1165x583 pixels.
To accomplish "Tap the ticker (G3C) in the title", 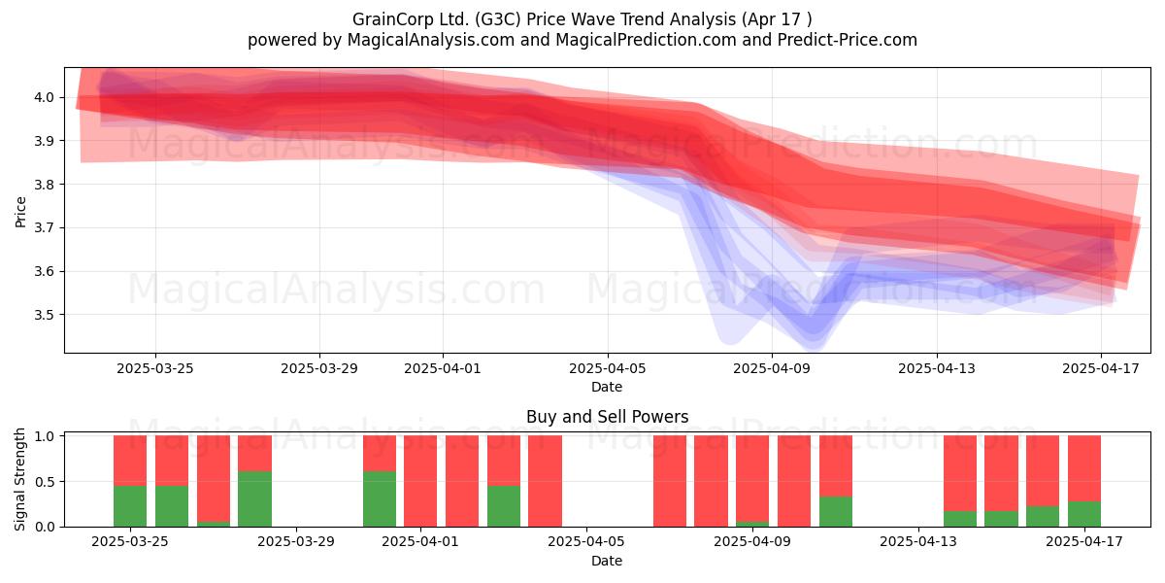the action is click(x=498, y=19).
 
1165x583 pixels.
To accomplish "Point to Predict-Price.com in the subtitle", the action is click(x=848, y=40).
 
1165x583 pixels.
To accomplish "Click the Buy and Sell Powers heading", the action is click(x=607, y=417).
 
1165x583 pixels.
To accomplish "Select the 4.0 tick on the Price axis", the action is click(x=45, y=97).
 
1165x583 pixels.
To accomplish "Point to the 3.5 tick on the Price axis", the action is click(x=45, y=315).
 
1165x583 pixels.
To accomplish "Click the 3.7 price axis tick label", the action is click(x=45, y=228).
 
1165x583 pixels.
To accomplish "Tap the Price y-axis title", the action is click(x=20, y=212).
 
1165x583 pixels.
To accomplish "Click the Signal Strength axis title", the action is click(x=19, y=479).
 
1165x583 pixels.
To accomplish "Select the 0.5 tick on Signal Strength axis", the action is click(x=45, y=482).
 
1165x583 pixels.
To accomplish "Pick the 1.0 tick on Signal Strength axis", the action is click(x=45, y=436).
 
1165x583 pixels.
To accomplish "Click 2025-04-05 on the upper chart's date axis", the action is click(x=608, y=368).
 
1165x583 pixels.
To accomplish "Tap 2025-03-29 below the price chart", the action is click(x=319, y=368).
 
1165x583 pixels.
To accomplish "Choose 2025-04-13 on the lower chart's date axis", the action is click(x=918, y=541).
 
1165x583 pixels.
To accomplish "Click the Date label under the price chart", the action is click(x=607, y=387).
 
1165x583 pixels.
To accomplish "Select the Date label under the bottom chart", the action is click(x=607, y=561).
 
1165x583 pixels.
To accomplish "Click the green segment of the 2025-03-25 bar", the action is click(x=130, y=506).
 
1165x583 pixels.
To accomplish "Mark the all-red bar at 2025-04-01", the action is click(x=420, y=481).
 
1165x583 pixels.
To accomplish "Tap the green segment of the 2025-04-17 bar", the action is click(x=1084, y=514).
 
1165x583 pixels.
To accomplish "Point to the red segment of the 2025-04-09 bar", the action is click(x=752, y=478).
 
